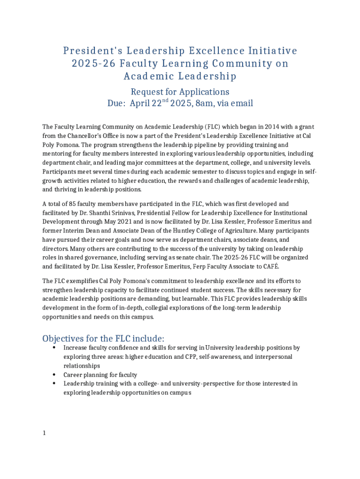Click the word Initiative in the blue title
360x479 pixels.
click(269, 51)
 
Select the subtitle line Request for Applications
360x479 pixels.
click(180, 92)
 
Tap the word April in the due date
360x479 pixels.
click(139, 103)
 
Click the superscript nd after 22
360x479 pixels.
click(165, 101)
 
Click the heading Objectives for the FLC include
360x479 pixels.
click(103, 338)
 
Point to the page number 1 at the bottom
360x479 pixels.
click(44, 433)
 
